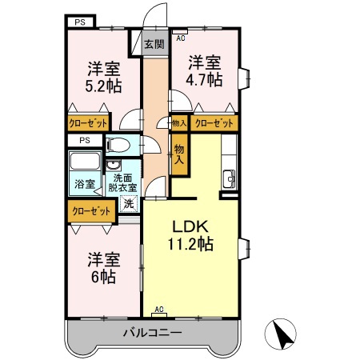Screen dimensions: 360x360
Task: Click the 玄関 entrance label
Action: tap(154, 45)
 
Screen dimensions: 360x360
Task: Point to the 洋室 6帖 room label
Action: tap(104, 268)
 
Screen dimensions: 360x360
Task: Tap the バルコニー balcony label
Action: tap(152, 332)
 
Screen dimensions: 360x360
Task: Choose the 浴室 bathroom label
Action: tap(85, 184)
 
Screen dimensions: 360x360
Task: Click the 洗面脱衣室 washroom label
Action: tap(124, 182)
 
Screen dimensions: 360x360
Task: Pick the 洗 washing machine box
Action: tap(129, 203)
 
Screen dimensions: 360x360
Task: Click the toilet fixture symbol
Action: tap(117, 146)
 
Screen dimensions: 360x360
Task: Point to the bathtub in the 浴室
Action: tap(85, 162)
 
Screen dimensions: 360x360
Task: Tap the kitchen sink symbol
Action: tap(229, 177)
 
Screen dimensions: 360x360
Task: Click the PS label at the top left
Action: tap(79, 22)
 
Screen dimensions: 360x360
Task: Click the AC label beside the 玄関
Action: tap(180, 38)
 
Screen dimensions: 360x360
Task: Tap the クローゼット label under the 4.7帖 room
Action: tap(214, 123)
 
